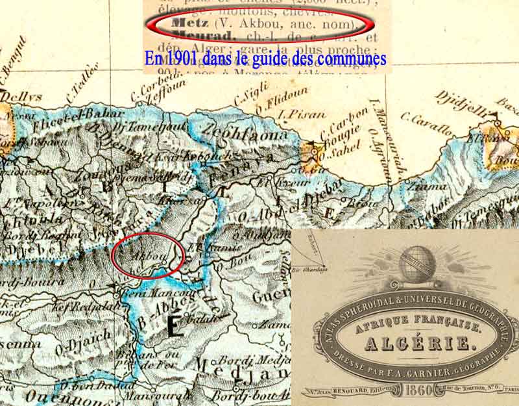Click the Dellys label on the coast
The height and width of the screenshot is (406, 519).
point(25,97)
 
